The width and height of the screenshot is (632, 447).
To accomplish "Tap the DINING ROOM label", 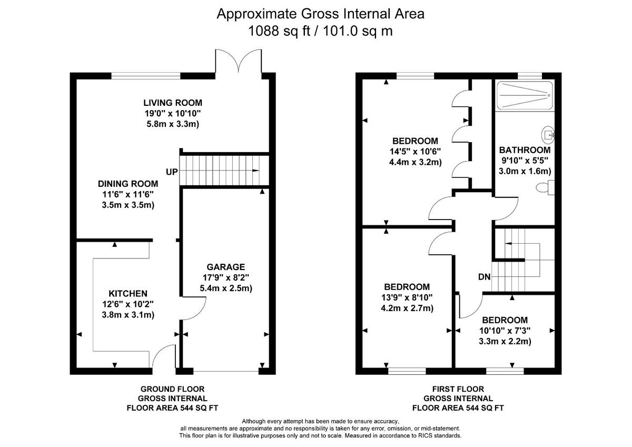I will click(x=128, y=184).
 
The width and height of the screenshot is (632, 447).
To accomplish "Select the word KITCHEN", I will click(x=128, y=293).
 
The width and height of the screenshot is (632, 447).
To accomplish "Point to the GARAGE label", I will click(x=225, y=267).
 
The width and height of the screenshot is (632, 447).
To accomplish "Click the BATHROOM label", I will click(x=525, y=150).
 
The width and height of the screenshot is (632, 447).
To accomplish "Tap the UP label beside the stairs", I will click(x=172, y=172).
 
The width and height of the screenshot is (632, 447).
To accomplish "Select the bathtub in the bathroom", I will click(x=524, y=95).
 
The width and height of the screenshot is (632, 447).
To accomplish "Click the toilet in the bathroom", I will click(x=546, y=187).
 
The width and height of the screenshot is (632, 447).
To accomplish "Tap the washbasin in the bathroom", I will click(x=549, y=135).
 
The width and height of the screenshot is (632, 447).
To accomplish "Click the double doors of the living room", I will click(x=239, y=61).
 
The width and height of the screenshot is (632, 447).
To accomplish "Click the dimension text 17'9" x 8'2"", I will click(x=225, y=277).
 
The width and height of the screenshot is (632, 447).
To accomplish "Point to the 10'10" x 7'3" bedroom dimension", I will click(x=505, y=331).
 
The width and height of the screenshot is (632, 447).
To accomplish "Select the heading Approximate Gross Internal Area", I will click(x=321, y=14).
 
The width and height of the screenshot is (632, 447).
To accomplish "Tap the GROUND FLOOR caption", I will click(x=172, y=389).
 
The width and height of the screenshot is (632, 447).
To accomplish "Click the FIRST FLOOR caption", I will click(x=458, y=389).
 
